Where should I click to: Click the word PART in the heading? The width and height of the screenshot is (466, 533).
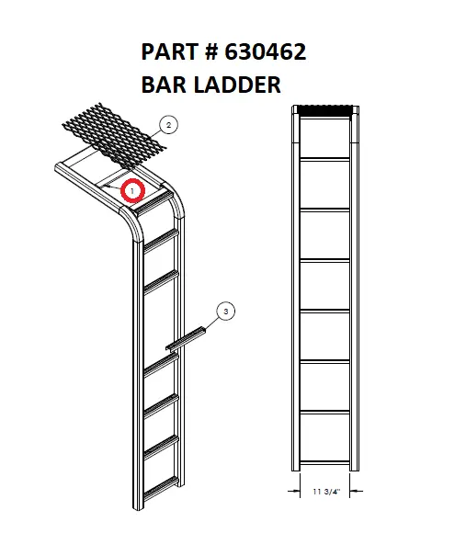pyautogui.click(x=171, y=52)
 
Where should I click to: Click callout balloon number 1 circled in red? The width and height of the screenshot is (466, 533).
pyautogui.click(x=133, y=190)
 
